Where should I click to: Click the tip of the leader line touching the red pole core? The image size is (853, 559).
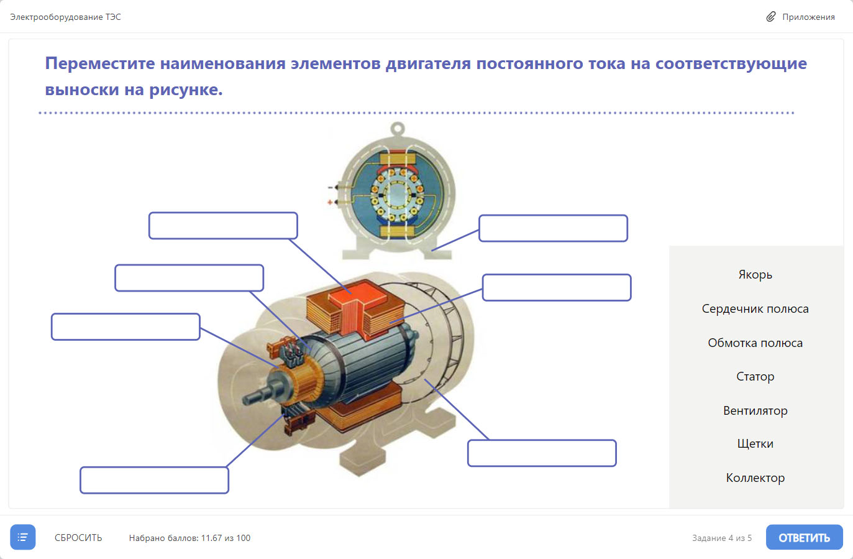351,293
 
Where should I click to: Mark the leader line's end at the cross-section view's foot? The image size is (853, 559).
432,251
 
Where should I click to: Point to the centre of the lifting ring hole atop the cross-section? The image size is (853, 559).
398,127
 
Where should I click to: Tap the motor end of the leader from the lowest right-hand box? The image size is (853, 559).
425,379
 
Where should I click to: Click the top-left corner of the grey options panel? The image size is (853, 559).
670,246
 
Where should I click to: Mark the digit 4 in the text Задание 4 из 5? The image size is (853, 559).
731,538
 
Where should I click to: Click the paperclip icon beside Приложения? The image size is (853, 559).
771,17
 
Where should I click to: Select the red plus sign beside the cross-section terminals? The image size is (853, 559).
330,202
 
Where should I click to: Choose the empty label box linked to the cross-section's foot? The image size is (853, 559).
553,228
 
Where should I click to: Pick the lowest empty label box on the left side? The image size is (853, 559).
154,480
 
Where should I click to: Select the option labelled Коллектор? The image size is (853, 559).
755,478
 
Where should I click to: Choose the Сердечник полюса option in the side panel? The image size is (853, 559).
755,308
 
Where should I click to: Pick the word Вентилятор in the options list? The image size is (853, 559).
755,410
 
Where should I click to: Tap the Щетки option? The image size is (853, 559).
755,443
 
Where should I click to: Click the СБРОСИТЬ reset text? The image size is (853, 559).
78,538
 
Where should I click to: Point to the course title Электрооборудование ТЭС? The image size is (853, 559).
65,17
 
